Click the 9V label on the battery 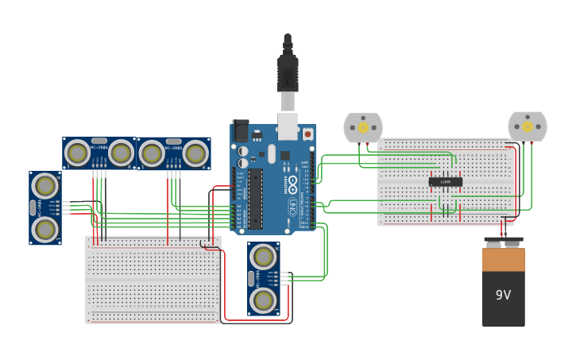click(503, 295)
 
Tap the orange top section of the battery click(503, 259)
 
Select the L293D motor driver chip click(445, 182)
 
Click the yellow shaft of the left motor click(363, 127)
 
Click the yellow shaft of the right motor click(528, 126)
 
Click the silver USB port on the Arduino click(288, 126)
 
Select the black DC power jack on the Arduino click(240, 130)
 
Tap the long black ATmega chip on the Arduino click(255, 198)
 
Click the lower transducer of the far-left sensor click(45, 229)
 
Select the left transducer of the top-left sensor click(77, 153)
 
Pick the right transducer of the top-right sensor click(195, 153)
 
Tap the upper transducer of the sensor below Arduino click(263, 257)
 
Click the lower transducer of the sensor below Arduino click(263, 300)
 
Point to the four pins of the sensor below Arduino click(284, 277)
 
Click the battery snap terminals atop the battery click(503, 241)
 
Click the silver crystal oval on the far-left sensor click(33, 208)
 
